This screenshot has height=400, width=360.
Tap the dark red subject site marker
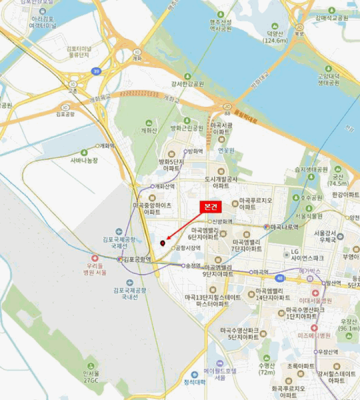pyautogui.click(x=163, y=243)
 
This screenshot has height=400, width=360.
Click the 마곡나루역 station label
pyautogui.click(x=284, y=227)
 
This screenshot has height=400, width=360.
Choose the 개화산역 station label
pyautogui.click(x=165, y=186)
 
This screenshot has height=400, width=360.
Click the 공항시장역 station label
pyautogui.click(x=188, y=248)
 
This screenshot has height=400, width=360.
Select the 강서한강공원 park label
pyautogui.click(x=187, y=84)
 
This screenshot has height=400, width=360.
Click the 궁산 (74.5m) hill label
pyautogui.click(x=338, y=181)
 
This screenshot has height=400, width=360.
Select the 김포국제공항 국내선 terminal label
pyautogui.click(x=129, y=293)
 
